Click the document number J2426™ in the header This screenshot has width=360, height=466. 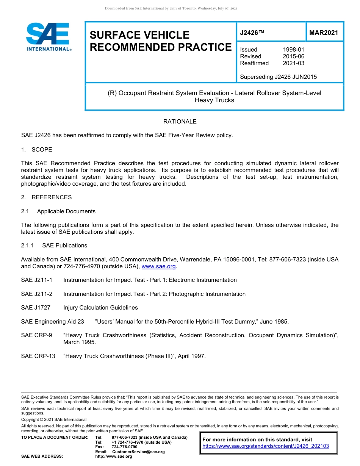252,33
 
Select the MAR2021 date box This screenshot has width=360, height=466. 324,33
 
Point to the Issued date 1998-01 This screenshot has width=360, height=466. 293,50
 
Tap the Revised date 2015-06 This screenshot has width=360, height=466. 293,56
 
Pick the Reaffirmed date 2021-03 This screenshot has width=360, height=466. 293,63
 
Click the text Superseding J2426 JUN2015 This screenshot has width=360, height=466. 278,77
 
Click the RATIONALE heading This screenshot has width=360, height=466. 180,122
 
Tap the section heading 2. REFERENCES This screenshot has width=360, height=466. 46,197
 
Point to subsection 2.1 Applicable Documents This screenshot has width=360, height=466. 58,211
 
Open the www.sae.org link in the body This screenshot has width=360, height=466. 158,266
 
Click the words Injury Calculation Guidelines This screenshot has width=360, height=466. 100,308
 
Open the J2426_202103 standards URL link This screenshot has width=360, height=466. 266,446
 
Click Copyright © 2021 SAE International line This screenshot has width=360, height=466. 54,419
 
